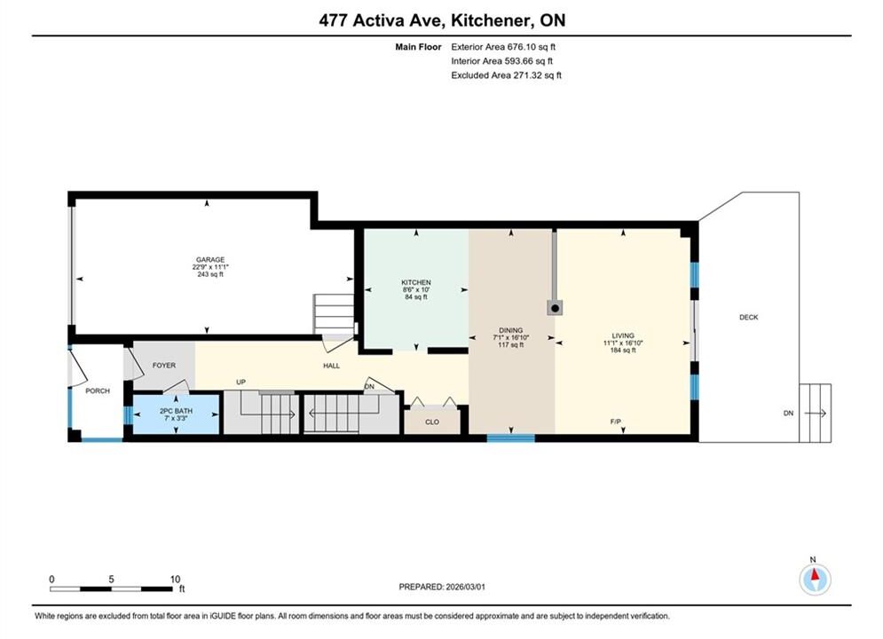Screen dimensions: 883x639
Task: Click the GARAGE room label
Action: click(x=210, y=259)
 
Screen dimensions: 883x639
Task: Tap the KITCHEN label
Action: click(x=416, y=282)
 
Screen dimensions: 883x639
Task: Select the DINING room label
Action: click(x=511, y=330)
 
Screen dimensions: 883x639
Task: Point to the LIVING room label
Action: click(x=623, y=335)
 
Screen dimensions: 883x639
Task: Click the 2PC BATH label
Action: click(x=176, y=411)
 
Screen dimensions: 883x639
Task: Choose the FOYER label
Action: click(x=164, y=366)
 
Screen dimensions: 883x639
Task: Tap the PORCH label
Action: click(x=98, y=390)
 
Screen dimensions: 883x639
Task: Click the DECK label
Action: click(x=748, y=317)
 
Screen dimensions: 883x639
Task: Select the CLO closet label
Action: click(x=432, y=422)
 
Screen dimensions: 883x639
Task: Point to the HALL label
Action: click(x=331, y=366)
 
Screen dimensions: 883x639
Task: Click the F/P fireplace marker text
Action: click(x=616, y=422)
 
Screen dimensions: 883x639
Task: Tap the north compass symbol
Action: click(x=815, y=578)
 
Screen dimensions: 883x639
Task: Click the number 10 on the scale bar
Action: click(x=175, y=579)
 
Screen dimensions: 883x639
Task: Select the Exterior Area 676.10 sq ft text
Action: click(x=503, y=47)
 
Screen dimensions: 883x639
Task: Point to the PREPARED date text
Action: click(x=442, y=587)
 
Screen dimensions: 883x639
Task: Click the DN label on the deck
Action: click(x=788, y=413)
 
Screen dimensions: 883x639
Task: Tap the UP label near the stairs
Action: click(x=241, y=383)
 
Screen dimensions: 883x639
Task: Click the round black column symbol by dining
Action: click(x=555, y=308)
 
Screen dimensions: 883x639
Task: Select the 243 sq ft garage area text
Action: click(x=210, y=274)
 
